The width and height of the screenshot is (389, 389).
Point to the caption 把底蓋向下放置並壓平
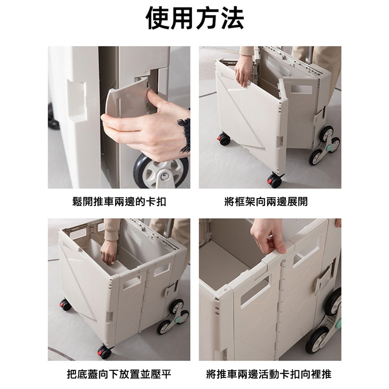pos(119,375)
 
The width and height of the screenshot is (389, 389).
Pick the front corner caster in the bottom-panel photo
pos(104,352)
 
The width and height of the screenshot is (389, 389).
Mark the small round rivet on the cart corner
pos(225,289)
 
